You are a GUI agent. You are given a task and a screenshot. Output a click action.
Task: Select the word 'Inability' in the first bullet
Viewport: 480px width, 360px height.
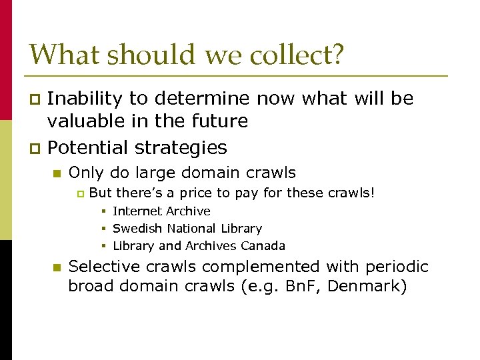(x=85, y=99)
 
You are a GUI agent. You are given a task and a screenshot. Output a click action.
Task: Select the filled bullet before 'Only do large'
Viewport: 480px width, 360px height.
(x=57, y=173)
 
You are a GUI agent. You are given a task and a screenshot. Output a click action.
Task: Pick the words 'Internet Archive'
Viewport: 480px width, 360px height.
(x=161, y=211)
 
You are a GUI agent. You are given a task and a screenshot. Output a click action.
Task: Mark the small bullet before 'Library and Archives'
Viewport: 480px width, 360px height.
(x=105, y=246)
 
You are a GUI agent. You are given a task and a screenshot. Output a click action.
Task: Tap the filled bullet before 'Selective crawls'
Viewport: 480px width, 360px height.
(x=57, y=267)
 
